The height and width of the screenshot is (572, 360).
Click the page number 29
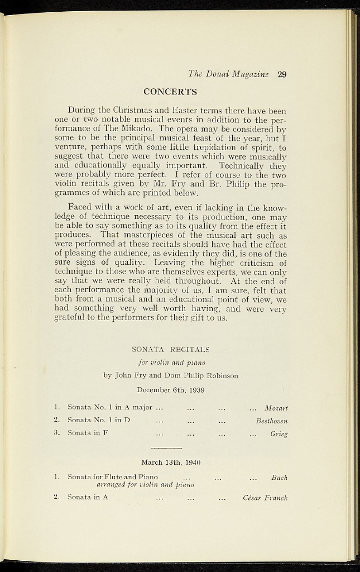(281, 74)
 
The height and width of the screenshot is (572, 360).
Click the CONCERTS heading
(170, 92)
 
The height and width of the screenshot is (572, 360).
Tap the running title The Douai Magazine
(228, 74)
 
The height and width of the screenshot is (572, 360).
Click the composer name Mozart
(276, 408)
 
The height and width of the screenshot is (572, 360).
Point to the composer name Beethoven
(271, 421)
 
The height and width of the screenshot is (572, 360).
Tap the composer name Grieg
(279, 433)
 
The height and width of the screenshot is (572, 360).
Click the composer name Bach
(279, 478)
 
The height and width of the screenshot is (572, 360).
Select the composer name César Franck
(265, 498)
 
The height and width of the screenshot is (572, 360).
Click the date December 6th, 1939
(170, 389)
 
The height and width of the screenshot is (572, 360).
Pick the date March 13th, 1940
(170, 463)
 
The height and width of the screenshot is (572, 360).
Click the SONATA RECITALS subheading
(170, 350)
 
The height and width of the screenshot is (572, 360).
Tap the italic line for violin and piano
(170, 363)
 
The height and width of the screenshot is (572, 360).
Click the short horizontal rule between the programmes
(166, 448)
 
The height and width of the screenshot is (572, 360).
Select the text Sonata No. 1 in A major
(110, 408)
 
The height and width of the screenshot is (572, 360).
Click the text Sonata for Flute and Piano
(113, 477)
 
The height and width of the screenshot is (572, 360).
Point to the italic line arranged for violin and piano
(145, 484)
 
